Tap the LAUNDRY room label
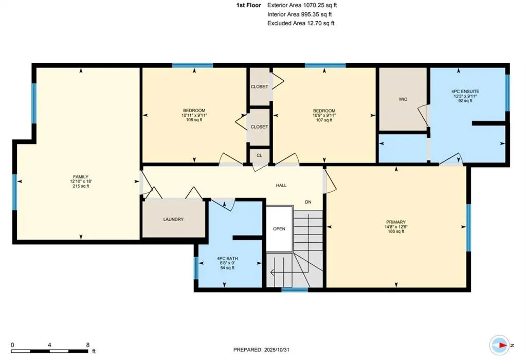tap(173, 220)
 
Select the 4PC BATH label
tap(227, 259)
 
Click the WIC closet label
tap(403, 99)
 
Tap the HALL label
tap(281, 186)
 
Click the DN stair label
tap(309, 202)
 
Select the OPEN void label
tap(279, 229)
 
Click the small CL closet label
tap(260, 155)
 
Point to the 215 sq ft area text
tap(80, 186)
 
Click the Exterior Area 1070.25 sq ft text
tap(302, 5)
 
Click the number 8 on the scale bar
tap(88, 345)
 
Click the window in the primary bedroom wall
tap(468, 227)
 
